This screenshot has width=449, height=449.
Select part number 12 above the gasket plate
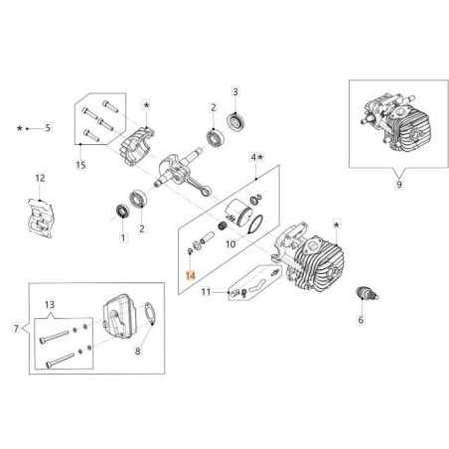pos(40,178)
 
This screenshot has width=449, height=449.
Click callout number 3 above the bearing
pos(235,91)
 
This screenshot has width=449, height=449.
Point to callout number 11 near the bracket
pos(207,293)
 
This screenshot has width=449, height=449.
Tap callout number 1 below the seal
pos(122,238)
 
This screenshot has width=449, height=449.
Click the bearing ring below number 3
pos(236,124)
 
